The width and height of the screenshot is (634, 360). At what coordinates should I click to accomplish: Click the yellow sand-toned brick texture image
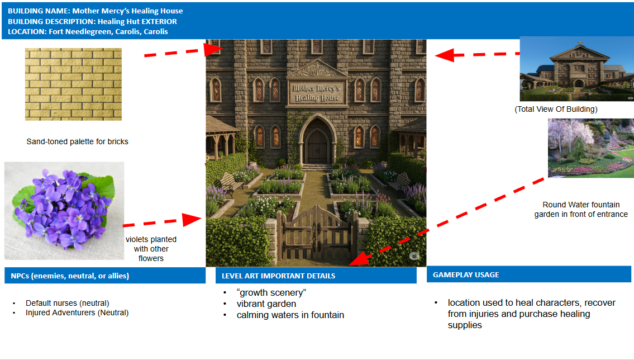(73, 84)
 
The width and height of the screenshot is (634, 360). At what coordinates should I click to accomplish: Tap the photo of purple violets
(64, 210)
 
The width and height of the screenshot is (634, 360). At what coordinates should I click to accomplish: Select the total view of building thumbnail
(576, 69)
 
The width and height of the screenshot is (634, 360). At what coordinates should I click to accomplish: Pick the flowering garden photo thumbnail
(590, 148)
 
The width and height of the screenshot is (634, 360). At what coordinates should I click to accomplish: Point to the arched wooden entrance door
(317, 143)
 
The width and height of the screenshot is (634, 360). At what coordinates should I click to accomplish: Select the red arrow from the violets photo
(162, 221)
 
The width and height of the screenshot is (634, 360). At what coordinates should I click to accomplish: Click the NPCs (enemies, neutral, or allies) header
(70, 276)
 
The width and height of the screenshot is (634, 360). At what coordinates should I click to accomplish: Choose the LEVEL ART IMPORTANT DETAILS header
(278, 276)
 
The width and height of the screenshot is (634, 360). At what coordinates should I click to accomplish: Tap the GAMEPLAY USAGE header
(466, 275)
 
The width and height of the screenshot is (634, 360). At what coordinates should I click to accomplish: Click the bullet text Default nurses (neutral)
(68, 303)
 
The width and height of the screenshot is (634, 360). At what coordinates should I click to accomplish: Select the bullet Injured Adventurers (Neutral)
(77, 312)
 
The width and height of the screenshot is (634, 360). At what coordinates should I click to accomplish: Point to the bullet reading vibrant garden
(266, 304)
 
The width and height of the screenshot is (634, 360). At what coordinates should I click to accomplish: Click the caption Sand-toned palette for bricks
(77, 141)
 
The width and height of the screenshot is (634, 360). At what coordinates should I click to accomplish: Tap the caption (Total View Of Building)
(556, 109)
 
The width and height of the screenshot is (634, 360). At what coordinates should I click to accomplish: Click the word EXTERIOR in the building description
(158, 21)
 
